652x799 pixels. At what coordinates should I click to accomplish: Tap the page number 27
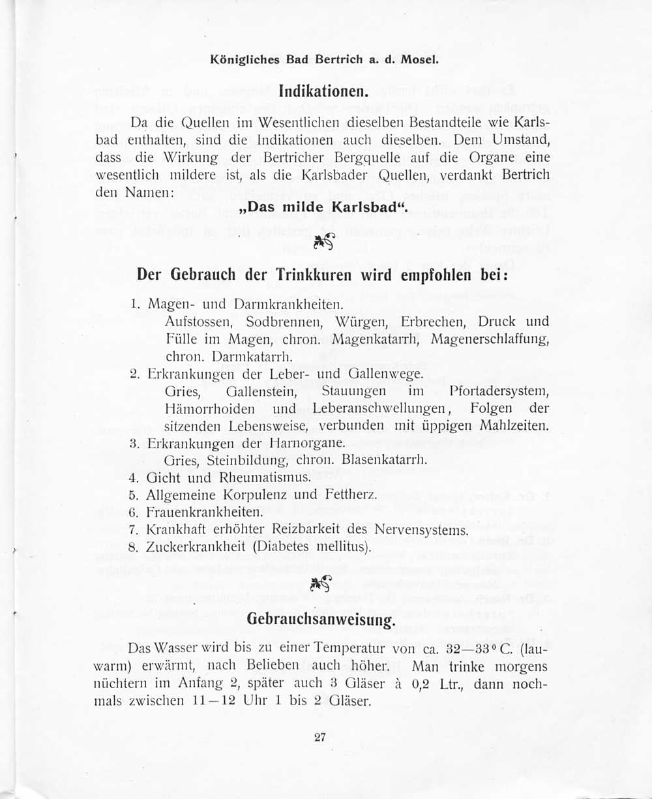coord(319,738)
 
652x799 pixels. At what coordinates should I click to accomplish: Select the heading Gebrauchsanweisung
coord(321,619)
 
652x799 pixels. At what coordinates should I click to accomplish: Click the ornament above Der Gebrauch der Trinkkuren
coord(323,242)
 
